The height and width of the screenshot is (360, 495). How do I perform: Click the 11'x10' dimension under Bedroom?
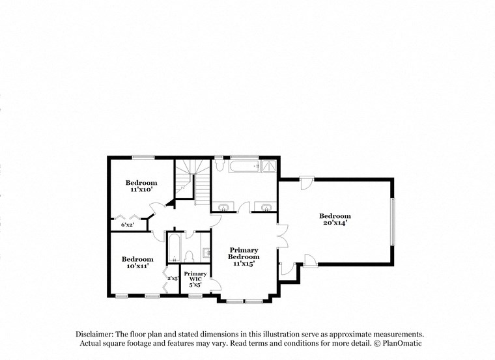coord(141,189)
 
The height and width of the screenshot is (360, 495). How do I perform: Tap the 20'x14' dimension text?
coord(334,223)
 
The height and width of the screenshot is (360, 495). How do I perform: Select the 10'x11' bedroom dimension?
coord(137,266)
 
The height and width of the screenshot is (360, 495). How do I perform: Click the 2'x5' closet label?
coord(173,278)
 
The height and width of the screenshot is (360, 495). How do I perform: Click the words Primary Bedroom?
coord(244,253)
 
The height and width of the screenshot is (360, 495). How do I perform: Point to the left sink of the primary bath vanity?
coord(223,208)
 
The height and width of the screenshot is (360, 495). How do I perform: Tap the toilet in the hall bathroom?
coord(189,255)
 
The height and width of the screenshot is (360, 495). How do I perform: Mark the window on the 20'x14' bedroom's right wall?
coord(392,221)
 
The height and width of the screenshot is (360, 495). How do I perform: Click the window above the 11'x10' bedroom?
coord(143,157)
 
